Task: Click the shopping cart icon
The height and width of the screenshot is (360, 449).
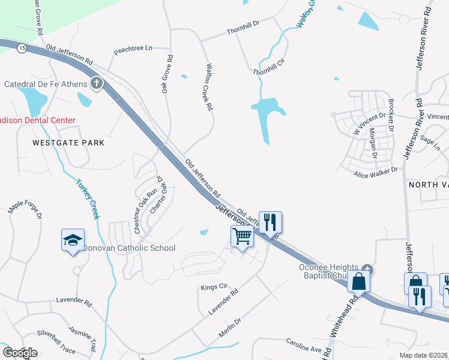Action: [x=242, y=236]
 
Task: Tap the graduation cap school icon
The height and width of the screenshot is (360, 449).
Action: [x=73, y=240]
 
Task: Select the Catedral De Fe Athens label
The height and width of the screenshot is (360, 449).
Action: [x=46, y=84]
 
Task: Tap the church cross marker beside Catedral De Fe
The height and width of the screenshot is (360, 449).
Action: [x=97, y=83]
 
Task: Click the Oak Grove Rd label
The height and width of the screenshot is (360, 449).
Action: [x=167, y=74]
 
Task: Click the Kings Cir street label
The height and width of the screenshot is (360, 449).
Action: [x=214, y=287]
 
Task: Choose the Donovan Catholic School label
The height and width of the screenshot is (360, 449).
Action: [x=129, y=248]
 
